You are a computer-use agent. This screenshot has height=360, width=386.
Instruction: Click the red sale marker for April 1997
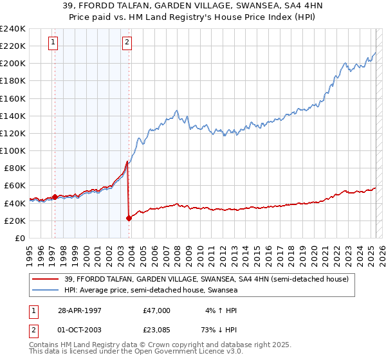pos(55,197)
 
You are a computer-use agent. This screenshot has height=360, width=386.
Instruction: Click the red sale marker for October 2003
pos(129,218)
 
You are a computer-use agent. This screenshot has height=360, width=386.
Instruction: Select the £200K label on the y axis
pos(12,63)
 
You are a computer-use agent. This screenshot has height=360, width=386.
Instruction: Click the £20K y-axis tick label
pos(15,221)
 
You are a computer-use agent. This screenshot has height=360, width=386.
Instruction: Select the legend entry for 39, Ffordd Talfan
pos(206,279)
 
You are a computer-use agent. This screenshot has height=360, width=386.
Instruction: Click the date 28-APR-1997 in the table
pos(81,310)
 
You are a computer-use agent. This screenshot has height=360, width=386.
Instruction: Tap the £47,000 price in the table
pos(157,310)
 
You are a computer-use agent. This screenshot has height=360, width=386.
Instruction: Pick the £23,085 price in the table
pos(157,330)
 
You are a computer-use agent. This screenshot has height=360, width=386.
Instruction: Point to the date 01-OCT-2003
pos(81,330)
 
